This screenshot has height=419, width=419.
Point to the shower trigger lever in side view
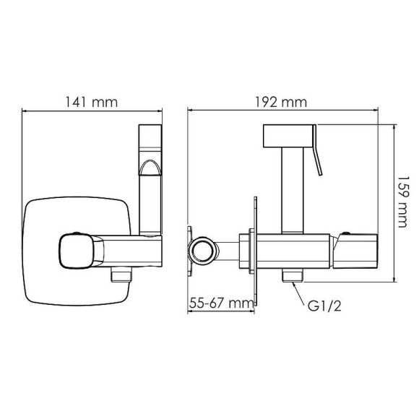click(318, 155)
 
